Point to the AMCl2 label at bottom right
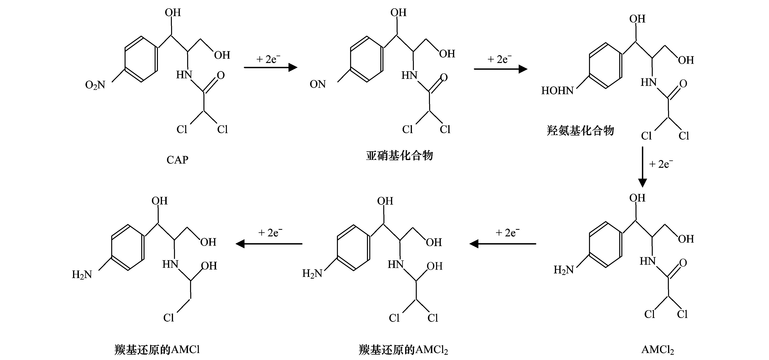[657, 350]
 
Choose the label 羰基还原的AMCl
[157, 350]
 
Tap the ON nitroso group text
[317, 84]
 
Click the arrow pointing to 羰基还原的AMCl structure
[269, 244]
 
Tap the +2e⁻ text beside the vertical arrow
[661, 164]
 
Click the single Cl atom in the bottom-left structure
[169, 318]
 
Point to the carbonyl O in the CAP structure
[221, 75]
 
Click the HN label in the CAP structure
[184, 75]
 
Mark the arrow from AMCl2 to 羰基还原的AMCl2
[503, 244]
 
